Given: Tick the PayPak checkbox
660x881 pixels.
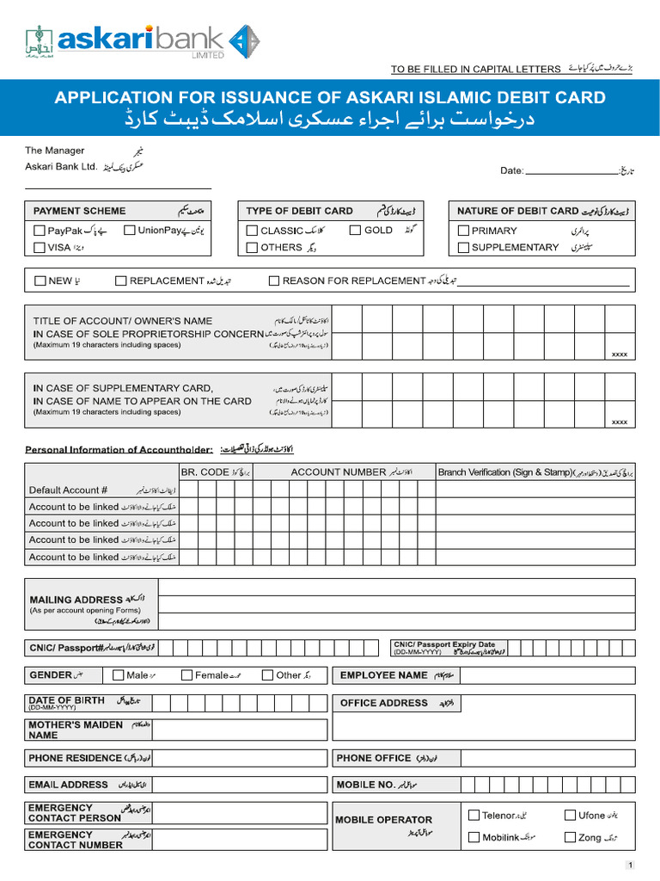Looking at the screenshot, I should tap(40, 231).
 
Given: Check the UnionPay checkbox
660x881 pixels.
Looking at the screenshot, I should tap(130, 231).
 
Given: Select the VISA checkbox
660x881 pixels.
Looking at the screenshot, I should tap(40, 248).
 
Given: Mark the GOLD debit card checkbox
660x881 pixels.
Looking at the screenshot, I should tap(356, 231).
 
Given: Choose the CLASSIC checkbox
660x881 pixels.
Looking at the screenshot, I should tap(252, 231).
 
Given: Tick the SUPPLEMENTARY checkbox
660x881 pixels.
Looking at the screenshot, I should tap(463, 248).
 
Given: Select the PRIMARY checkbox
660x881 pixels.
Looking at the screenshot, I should tap(463, 231).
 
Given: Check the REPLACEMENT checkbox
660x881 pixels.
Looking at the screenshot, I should tap(121, 280).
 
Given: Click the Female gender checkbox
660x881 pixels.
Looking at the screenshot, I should tap(186, 675).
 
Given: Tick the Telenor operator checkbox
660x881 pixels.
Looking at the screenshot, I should tap(474, 815).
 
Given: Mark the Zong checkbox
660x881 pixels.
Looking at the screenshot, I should tap(570, 837).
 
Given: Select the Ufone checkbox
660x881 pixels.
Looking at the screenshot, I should tap(570, 815).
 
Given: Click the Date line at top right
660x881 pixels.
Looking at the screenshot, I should tap(569, 171).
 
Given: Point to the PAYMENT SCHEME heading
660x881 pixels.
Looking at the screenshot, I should tap(79, 211).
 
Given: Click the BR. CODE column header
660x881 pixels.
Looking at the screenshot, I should tap(203, 472).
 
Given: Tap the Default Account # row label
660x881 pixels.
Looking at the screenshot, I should tap(68, 490).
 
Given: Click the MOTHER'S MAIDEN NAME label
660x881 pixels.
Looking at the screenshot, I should tap(75, 730).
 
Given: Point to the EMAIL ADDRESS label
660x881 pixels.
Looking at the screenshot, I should tap(68, 785).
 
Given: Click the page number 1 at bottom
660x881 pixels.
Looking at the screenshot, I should tap(630, 866).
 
